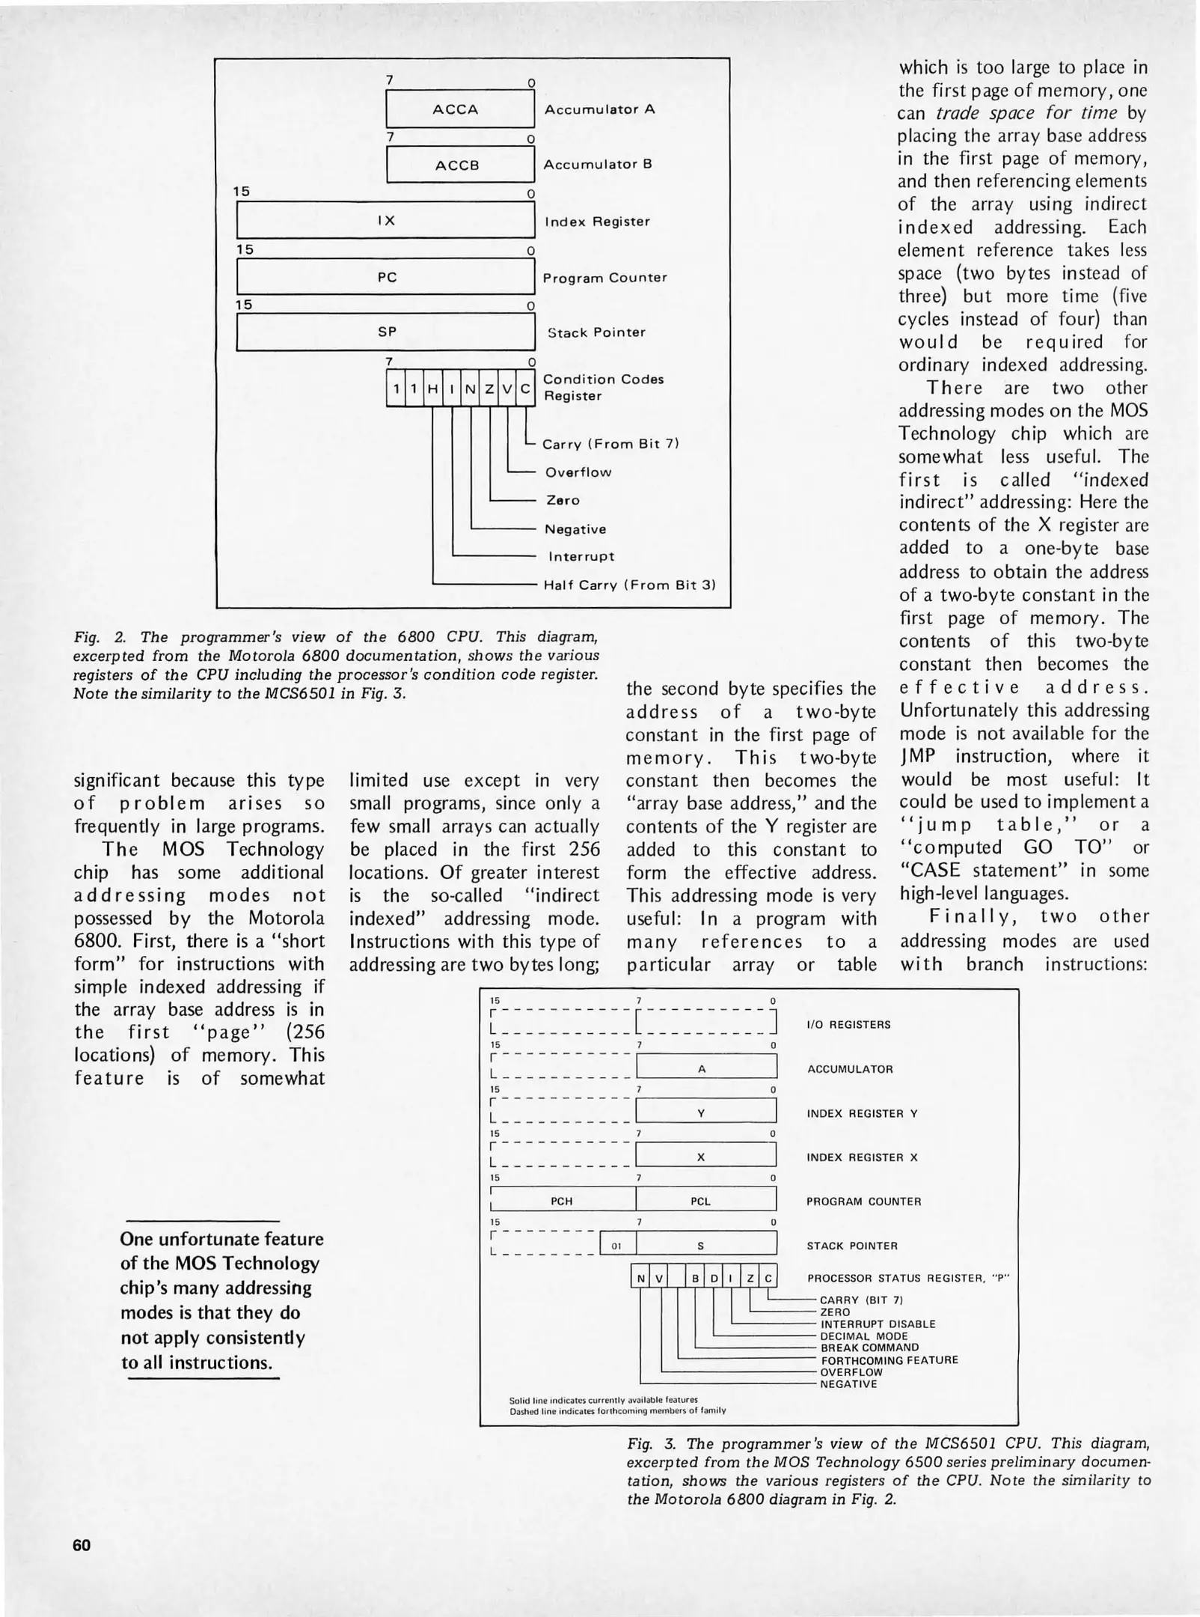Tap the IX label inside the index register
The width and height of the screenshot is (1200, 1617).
click(386, 221)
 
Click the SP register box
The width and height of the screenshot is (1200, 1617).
click(386, 332)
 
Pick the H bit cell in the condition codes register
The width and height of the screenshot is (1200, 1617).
click(432, 389)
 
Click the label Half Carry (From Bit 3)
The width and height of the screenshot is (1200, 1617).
click(629, 585)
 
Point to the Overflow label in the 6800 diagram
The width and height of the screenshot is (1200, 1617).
click(578, 472)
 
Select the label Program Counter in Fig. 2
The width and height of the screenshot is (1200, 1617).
click(604, 278)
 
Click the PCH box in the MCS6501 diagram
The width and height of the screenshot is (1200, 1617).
click(561, 1201)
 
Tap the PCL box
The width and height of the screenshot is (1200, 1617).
click(701, 1201)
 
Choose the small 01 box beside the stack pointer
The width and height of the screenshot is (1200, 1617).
click(617, 1246)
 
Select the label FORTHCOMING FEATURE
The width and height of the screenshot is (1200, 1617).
click(890, 1359)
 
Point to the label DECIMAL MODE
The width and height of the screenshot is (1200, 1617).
click(864, 1336)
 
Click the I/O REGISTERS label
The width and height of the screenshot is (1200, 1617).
click(848, 1025)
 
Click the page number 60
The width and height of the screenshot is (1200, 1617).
click(82, 1544)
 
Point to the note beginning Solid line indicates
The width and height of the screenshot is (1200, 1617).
click(603, 1399)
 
